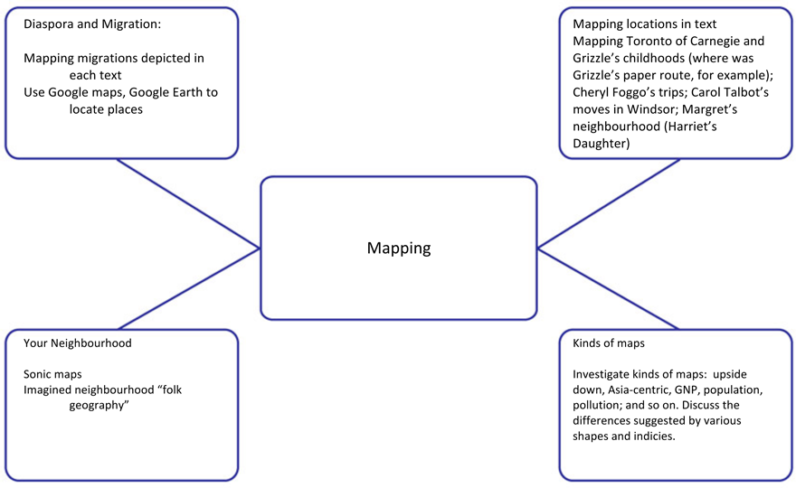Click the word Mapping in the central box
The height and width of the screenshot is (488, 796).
pos(399,249)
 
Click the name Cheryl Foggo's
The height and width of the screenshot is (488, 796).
pos(614,92)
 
